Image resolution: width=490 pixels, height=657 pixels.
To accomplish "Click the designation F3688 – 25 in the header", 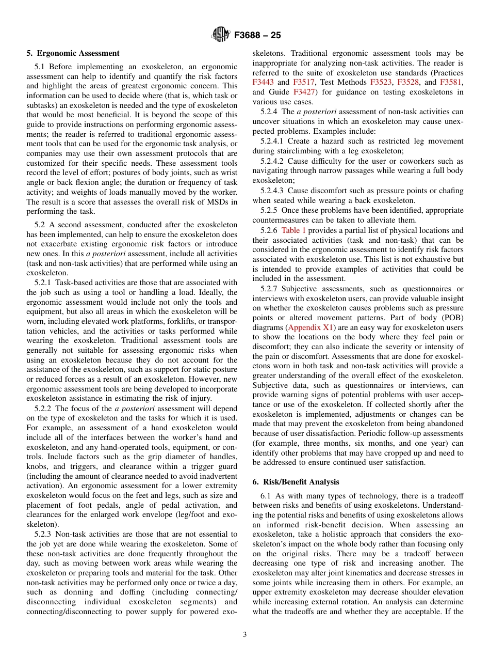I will point(257,36).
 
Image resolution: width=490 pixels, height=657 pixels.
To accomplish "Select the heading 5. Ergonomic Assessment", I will point(73,53).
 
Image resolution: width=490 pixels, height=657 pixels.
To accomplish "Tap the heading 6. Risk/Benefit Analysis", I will point(296,482).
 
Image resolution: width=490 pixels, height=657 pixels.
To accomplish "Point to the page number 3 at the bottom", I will point(245,634).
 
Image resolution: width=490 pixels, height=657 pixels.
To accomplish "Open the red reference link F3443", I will point(264,83).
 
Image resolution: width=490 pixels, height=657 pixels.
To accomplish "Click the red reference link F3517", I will point(304,83).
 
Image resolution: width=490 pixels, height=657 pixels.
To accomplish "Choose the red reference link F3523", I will point(381,83).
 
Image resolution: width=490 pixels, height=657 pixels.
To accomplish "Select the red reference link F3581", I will point(451,83).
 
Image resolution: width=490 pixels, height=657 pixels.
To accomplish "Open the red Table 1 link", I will point(293,230).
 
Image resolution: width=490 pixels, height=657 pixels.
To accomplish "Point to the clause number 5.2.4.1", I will point(273,141).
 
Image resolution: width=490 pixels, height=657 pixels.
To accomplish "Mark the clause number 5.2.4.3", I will point(273,191).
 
